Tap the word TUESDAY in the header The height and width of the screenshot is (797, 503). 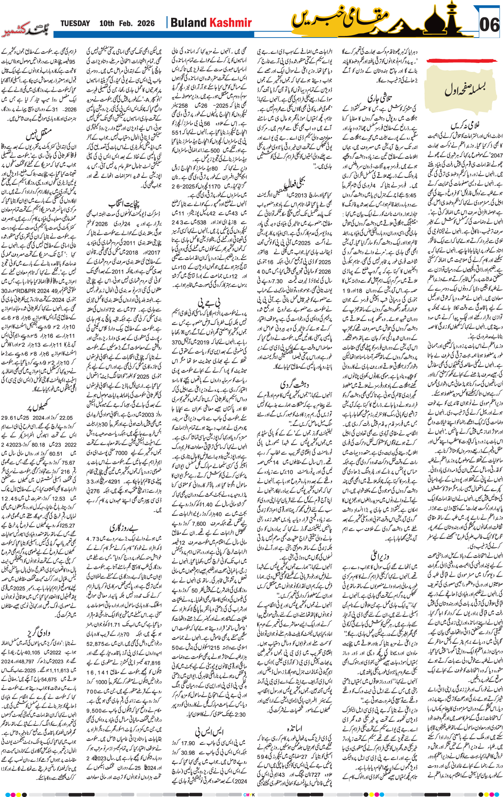(75, 23)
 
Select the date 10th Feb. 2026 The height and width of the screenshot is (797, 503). (127, 23)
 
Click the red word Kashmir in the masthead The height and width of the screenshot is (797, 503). (231, 23)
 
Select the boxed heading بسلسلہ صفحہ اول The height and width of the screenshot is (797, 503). (465, 89)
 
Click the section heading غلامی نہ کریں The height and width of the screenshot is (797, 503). (464, 126)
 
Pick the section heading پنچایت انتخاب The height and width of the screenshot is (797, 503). (124, 202)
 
